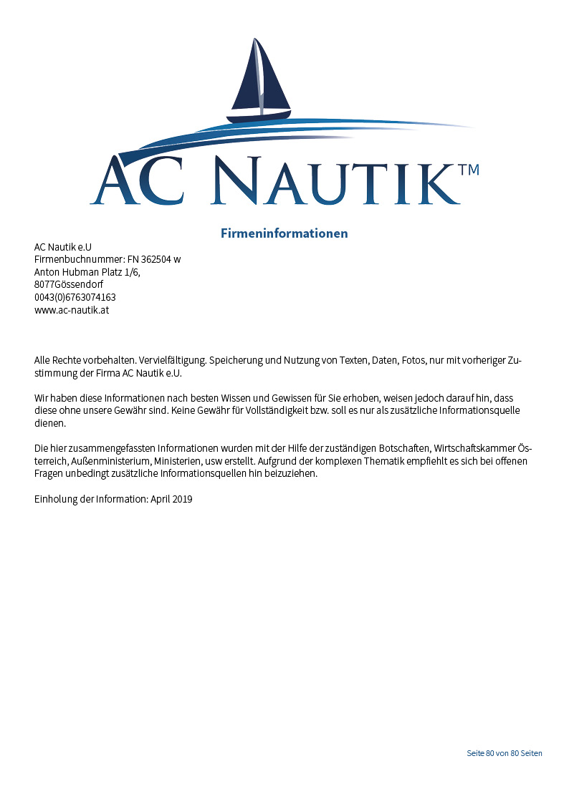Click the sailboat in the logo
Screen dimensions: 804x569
point(260,82)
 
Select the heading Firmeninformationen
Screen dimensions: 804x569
point(284,233)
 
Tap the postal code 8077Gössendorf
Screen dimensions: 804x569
point(69,284)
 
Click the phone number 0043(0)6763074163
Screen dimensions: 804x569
point(75,297)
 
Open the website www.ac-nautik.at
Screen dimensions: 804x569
point(72,310)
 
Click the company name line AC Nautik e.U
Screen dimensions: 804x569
point(63,247)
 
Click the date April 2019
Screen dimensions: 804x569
point(171,499)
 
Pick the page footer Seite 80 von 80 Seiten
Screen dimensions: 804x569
point(505,753)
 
